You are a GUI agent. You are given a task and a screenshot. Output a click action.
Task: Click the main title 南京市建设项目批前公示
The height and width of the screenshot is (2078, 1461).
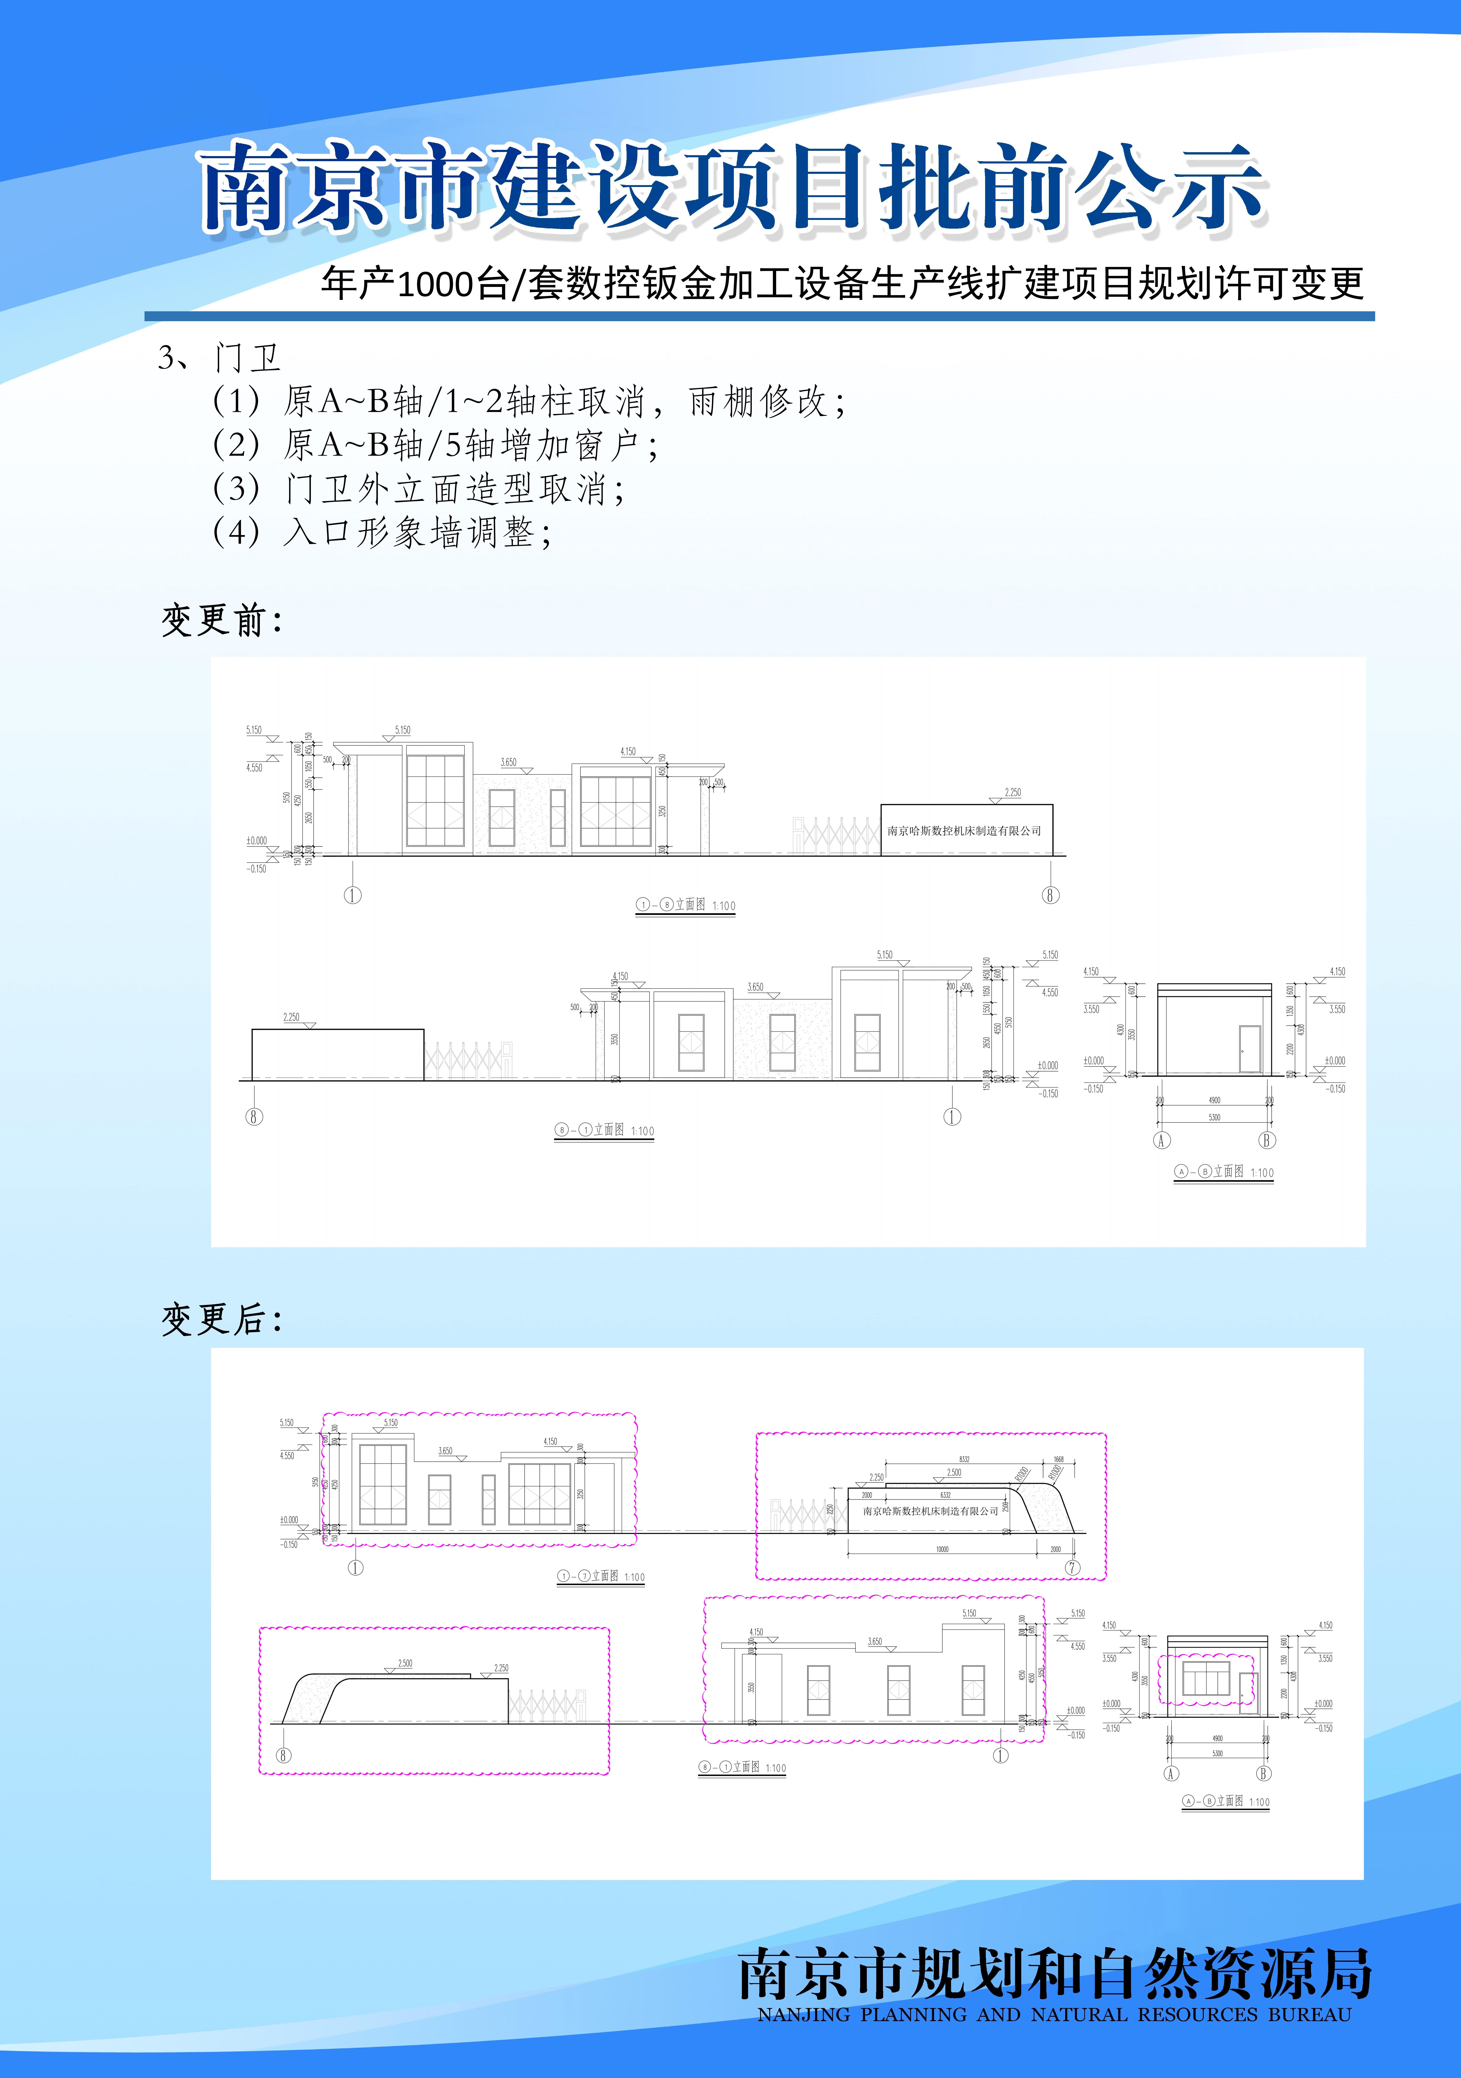point(733,188)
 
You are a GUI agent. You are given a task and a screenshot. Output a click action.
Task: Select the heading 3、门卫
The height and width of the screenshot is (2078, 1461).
point(220,358)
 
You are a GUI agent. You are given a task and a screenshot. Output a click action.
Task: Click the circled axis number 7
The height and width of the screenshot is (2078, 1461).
point(1073,1568)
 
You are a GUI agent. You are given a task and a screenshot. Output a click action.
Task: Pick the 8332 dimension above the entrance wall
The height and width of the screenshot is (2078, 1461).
point(964,1459)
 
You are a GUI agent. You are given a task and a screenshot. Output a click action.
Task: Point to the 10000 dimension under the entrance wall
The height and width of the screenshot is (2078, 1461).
point(942,1549)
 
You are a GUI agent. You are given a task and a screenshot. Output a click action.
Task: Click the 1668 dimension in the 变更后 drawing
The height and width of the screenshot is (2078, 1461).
point(1059,1459)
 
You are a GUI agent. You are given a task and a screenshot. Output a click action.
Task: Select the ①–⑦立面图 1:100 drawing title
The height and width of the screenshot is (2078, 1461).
point(601,1577)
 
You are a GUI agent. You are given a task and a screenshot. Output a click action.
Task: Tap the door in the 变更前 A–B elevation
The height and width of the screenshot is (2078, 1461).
point(1249,1049)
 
